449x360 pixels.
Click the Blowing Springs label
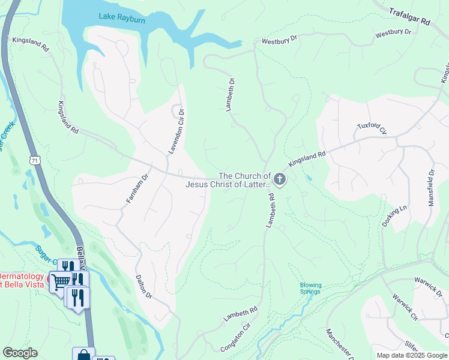point(310,289)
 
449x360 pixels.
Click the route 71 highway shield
point(35,160)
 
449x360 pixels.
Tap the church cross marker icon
point(280,178)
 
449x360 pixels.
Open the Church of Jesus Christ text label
point(228,180)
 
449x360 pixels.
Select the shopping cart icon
point(60,281)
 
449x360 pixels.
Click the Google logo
point(20,353)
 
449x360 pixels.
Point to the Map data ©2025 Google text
point(411,355)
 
